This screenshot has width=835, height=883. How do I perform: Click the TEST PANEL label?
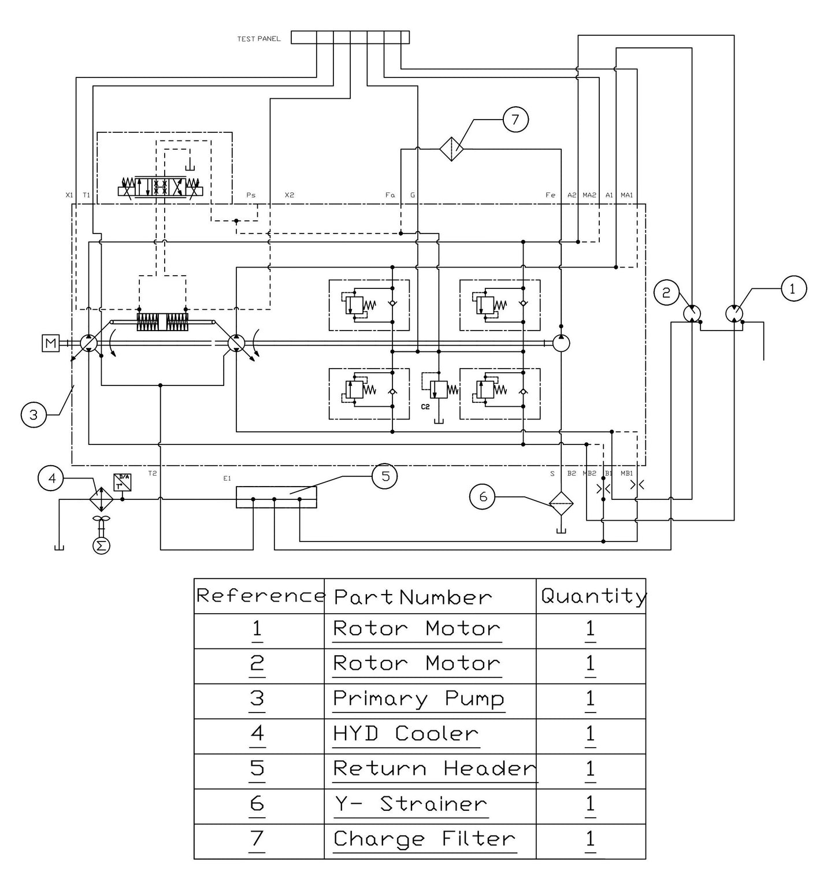258,39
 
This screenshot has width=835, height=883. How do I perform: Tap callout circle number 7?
515,120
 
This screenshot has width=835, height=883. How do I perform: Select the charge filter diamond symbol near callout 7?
451,149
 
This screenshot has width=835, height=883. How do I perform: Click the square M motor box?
51,344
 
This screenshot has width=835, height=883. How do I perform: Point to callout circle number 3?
34,415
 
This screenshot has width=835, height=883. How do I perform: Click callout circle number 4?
51,478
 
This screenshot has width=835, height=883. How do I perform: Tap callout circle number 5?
385,476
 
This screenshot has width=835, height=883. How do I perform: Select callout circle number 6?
483,497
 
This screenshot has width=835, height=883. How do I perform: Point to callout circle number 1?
792,288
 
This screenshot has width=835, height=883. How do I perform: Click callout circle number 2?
666,292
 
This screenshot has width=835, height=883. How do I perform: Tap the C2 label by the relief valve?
425,407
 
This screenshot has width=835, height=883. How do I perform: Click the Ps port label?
251,195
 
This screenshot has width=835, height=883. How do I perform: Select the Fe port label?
550,195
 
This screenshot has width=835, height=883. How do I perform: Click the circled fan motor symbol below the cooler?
101,546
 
